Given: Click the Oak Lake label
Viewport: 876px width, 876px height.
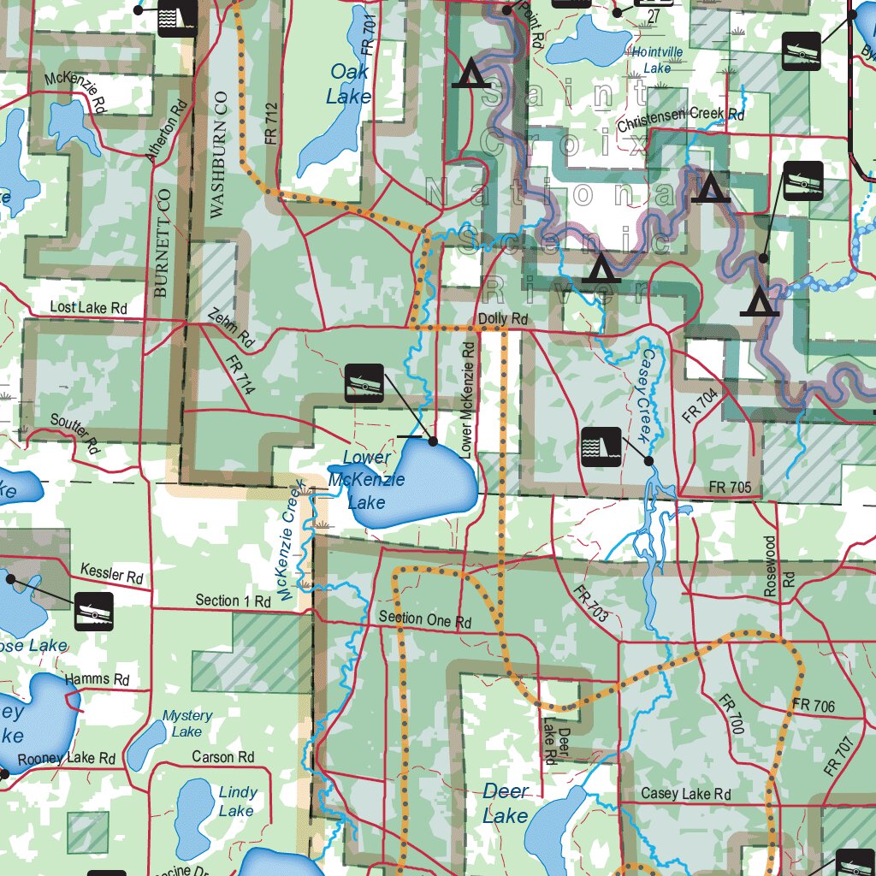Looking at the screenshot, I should (x=349, y=84).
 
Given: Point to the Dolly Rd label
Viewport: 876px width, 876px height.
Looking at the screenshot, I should (x=503, y=319).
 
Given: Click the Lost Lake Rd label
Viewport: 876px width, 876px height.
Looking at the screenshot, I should (x=88, y=307).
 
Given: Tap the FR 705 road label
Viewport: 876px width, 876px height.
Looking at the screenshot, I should (x=730, y=488).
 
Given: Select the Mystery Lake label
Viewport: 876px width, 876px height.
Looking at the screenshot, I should (x=187, y=723).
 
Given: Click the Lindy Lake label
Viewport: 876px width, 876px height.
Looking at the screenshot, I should (x=236, y=802).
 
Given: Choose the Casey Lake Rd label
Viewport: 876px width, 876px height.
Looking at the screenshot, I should (x=686, y=795).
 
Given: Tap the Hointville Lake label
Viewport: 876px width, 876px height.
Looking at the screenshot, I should (x=657, y=59).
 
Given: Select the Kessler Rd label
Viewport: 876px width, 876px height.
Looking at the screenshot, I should (x=111, y=572).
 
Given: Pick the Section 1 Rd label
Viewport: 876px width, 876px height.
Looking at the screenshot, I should (x=233, y=601).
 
